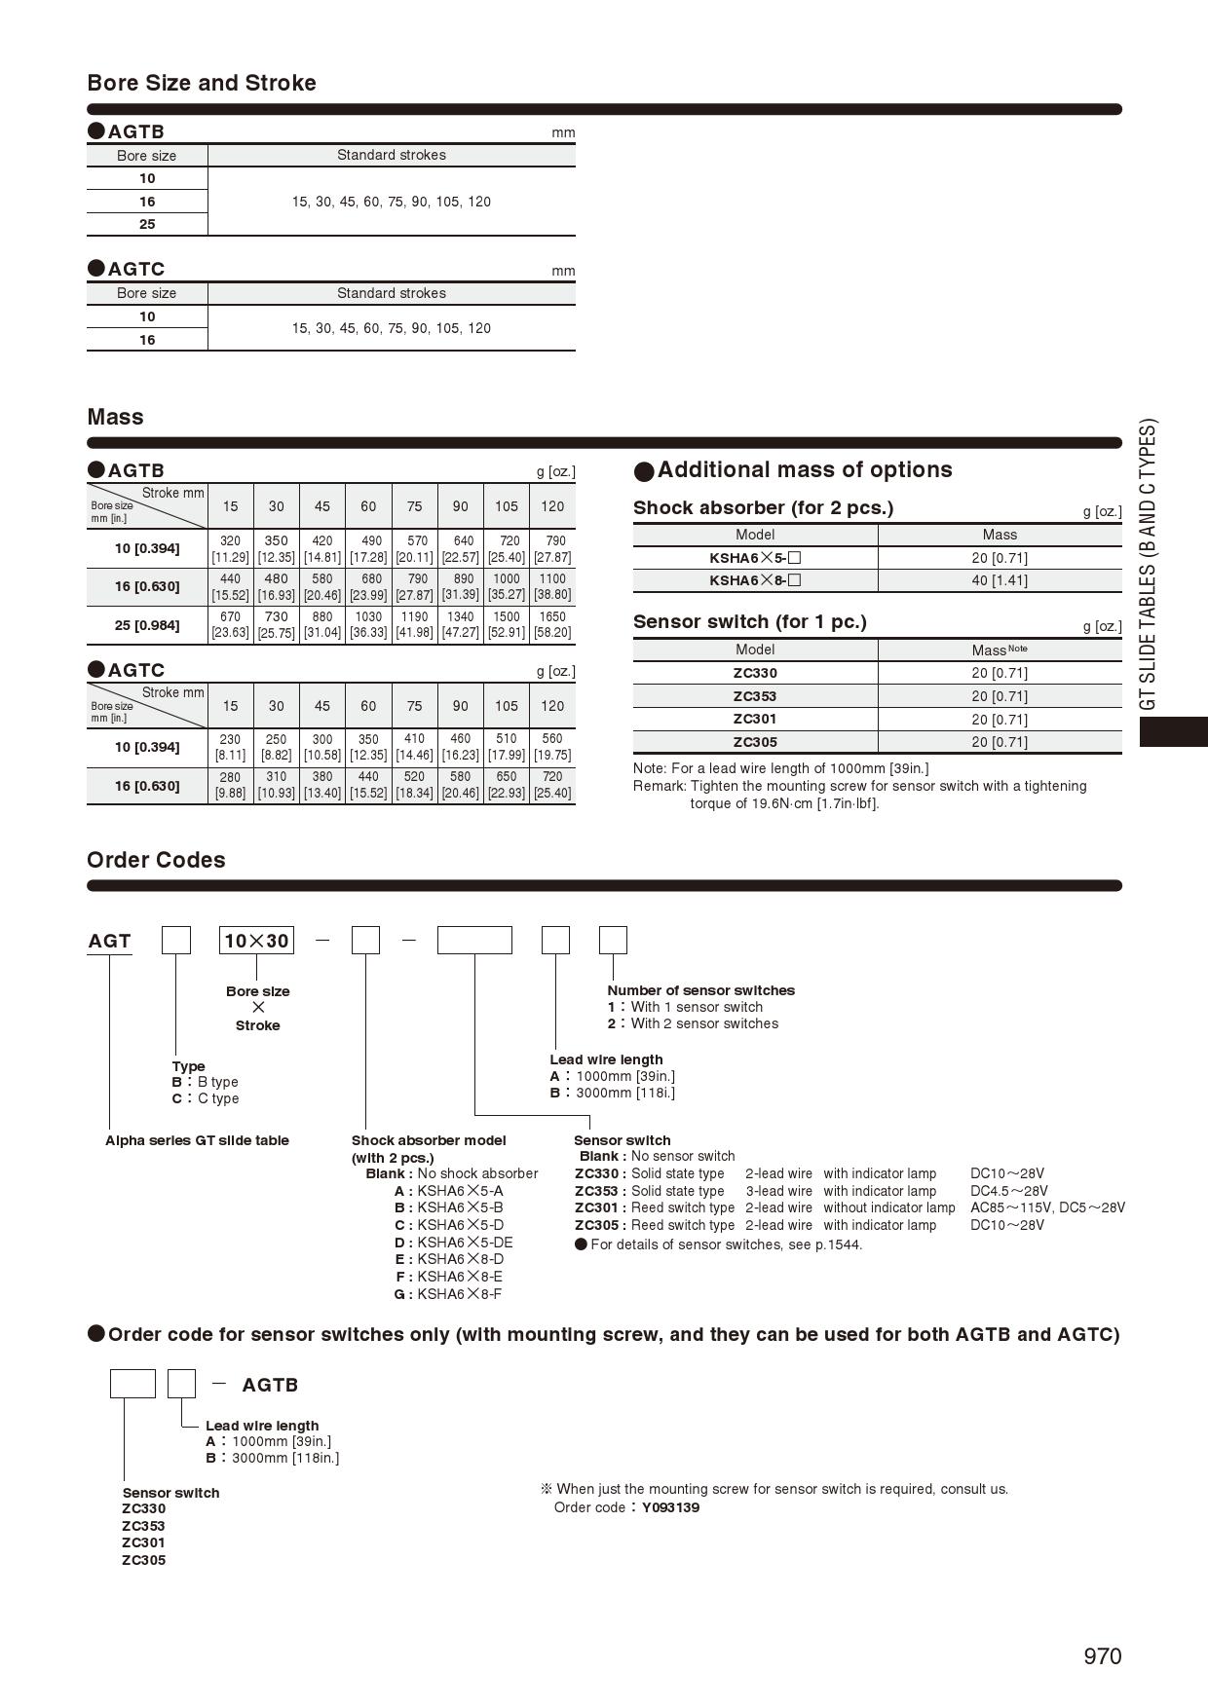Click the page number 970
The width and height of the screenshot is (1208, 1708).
pos(1102,1656)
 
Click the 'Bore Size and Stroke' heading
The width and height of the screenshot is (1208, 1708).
pos(202,83)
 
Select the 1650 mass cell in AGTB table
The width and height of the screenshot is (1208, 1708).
pos(552,624)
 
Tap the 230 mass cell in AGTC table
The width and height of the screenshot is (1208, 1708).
pos(230,747)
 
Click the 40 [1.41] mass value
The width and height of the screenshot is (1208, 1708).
pos(999,580)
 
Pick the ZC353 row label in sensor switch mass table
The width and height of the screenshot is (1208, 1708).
pos(755,696)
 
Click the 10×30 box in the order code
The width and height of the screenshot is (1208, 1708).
pos(257,941)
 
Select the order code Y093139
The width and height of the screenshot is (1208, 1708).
pos(670,1507)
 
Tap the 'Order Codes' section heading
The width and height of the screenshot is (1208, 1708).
pos(156,860)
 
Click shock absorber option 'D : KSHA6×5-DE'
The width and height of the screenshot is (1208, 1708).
pos(453,1243)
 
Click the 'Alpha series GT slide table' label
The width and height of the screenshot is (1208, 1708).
pos(197,1140)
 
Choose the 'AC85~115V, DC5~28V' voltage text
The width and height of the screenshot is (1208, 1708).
pos(1047,1207)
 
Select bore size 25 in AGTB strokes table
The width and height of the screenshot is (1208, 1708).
pos(147,224)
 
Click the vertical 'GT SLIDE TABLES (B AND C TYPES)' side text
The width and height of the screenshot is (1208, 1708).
pos(1149,565)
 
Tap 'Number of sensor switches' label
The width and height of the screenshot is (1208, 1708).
pos(700,990)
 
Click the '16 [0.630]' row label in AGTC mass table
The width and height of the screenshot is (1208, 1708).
pos(147,786)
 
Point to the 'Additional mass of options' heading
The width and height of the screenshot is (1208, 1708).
pos(805,469)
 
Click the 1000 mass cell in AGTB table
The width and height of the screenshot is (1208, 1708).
pos(507,586)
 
